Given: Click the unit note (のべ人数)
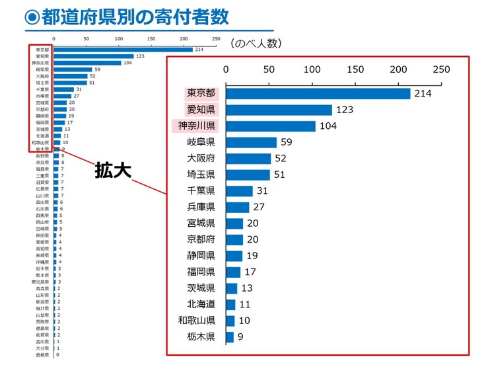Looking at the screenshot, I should pos(257,44).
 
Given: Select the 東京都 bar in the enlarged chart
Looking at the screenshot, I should pos(318,94).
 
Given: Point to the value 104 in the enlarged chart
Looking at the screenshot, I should pos(328,126).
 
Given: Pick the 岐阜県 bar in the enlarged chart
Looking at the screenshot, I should pos(251,142).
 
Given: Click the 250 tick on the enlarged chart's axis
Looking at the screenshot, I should pos(440,69).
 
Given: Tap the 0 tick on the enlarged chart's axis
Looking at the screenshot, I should pos(226,69).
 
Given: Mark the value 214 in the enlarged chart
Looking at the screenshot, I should pos(423,94).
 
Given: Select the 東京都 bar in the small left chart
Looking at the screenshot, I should pos(123,50).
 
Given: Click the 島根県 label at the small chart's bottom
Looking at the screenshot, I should pos(43,355).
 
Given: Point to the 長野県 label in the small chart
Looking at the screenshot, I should pos(43,155).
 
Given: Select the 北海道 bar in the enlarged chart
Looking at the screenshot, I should pos(230,305).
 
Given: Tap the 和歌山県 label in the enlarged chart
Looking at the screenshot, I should pos(197,321).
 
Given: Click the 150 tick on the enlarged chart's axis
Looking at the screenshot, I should pos(355,69).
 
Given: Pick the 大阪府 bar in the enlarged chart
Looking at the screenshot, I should pos(248,159).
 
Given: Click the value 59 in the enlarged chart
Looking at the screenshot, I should pos(287,142).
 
